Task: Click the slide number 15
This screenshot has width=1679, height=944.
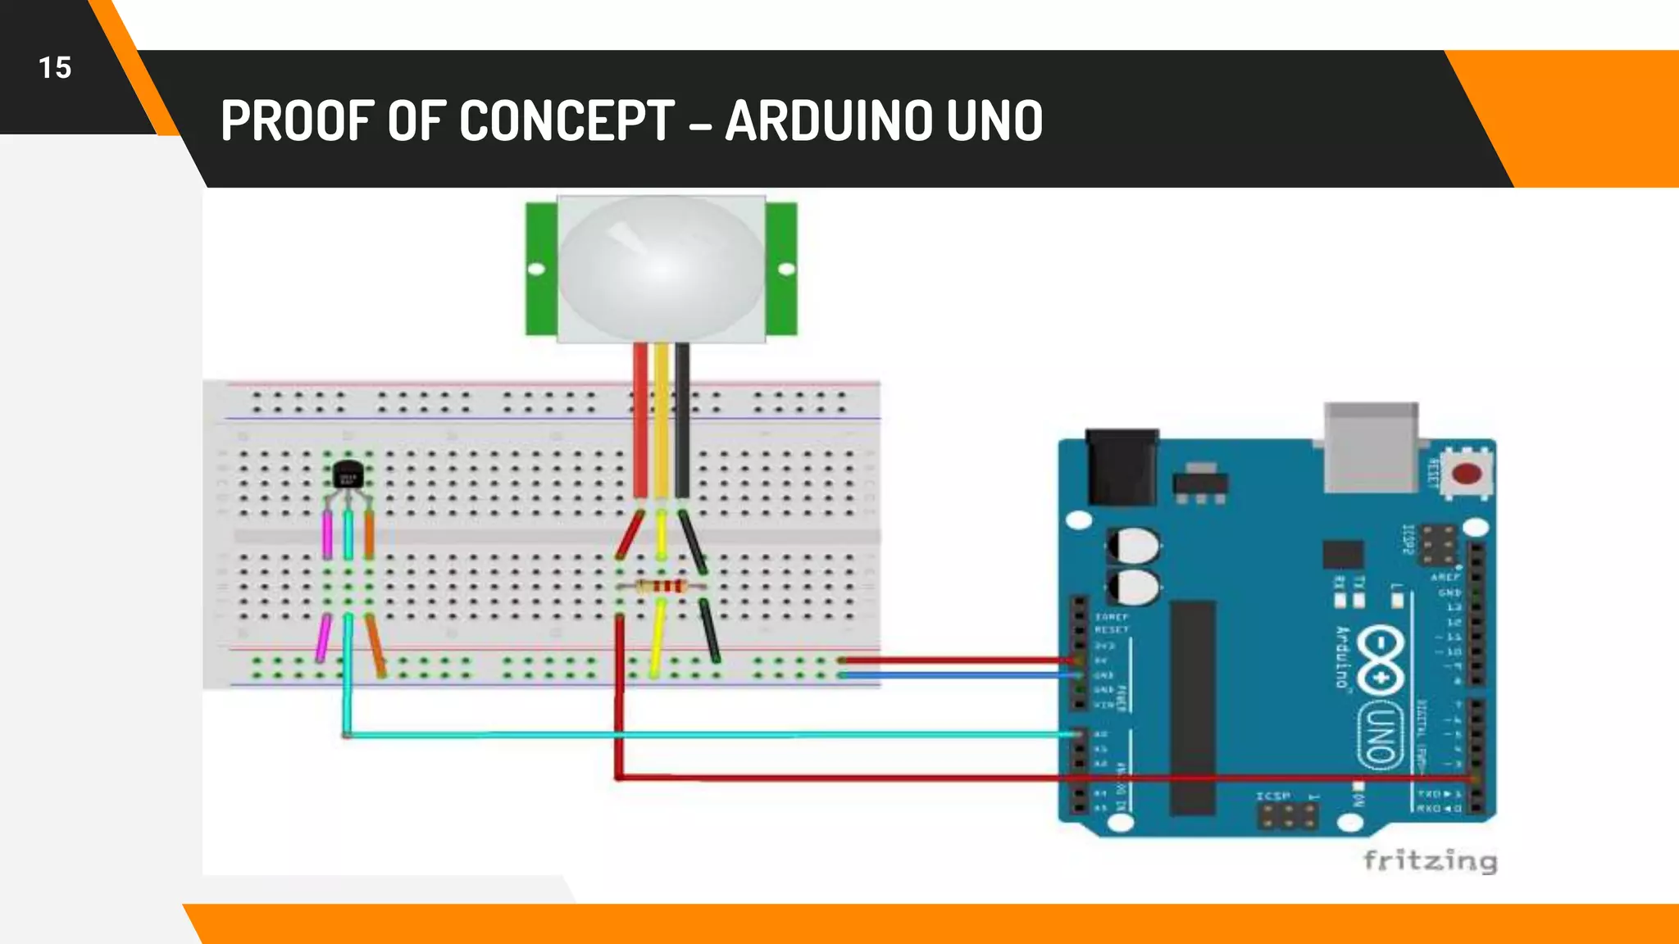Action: (55, 68)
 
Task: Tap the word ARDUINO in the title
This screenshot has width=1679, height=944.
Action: (829, 120)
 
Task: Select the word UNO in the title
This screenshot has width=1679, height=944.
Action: (994, 120)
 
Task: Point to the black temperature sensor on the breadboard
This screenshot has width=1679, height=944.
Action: (348, 474)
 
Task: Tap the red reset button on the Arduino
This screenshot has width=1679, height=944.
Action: (1466, 474)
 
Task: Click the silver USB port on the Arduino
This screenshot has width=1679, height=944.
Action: (1371, 447)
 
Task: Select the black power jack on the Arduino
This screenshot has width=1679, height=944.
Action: (1122, 467)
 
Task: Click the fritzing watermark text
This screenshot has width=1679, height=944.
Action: (1430, 861)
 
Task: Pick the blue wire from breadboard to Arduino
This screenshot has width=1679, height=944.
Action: (959, 675)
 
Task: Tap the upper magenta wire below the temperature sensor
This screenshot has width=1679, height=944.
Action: (328, 534)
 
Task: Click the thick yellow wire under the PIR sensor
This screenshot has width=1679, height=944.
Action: (661, 418)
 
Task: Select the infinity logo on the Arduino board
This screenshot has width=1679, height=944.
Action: (1380, 660)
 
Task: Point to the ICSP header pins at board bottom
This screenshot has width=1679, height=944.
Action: (1288, 815)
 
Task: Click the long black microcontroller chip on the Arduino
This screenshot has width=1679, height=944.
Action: (1192, 708)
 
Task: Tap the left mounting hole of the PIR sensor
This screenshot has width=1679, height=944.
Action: (536, 269)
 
